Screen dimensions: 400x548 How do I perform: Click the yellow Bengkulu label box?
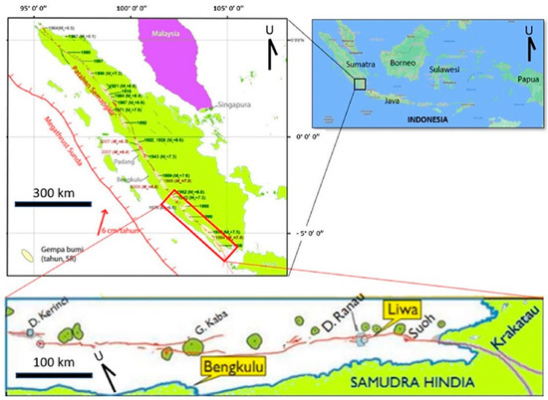point(232,372)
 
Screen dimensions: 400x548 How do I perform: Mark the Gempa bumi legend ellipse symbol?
point(23,254)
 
